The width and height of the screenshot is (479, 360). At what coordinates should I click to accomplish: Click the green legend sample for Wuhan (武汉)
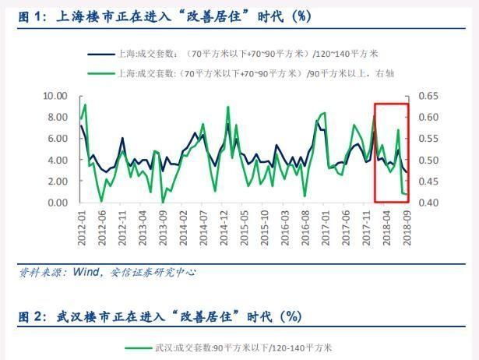point(139,348)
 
